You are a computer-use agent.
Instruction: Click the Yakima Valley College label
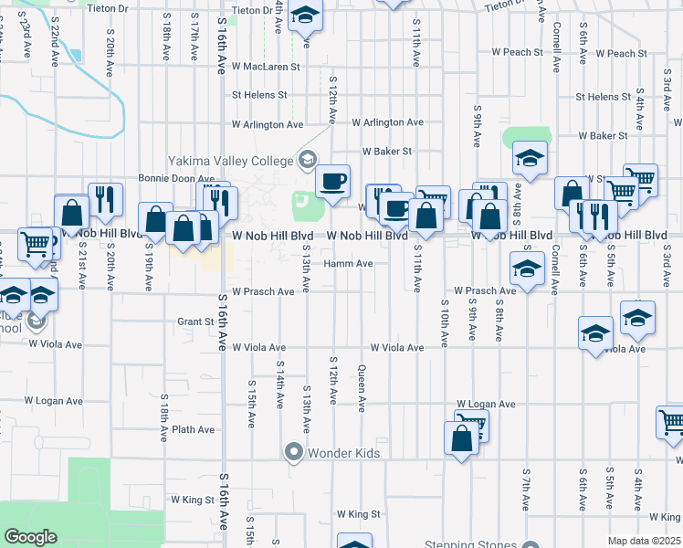[x=228, y=161]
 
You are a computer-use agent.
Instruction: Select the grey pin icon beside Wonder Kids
[x=294, y=451]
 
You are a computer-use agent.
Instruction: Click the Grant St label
[x=195, y=321]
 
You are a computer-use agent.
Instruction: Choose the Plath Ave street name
[x=193, y=429]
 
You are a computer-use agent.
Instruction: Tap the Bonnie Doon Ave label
[x=175, y=179]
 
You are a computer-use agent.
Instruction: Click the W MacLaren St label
[x=266, y=67]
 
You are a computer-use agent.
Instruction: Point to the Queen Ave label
[x=362, y=386]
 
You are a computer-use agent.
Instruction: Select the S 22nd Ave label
[x=55, y=42]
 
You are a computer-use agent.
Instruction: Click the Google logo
[x=30, y=537]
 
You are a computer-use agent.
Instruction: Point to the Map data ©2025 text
[x=643, y=541]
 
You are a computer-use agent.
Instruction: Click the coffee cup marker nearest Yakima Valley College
[x=333, y=180]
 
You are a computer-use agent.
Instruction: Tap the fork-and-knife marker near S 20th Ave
[x=105, y=199]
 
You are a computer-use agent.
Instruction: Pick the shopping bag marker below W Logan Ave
[x=461, y=437]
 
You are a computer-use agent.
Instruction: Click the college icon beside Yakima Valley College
[x=308, y=161]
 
